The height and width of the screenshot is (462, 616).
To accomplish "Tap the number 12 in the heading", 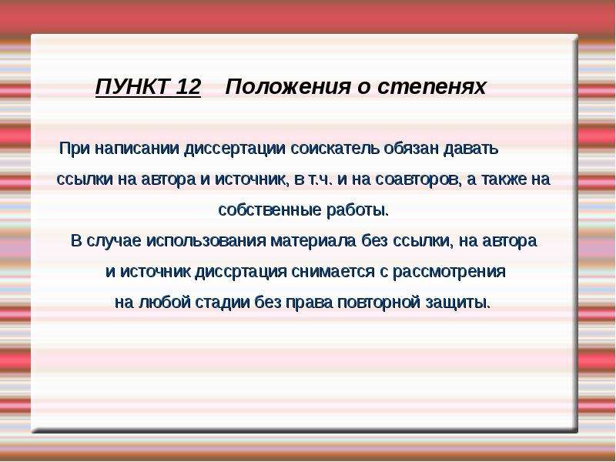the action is tap(189, 86).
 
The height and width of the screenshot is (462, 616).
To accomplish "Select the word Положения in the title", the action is tap(287, 86).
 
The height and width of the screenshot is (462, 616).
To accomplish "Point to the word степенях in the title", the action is tap(432, 87).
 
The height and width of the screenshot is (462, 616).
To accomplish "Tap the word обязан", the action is tap(411, 149).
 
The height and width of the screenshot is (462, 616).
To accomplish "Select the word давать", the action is tap(470, 149).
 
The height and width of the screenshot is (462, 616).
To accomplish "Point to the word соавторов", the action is tap(418, 179).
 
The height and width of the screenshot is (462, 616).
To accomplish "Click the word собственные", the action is tap(269, 210).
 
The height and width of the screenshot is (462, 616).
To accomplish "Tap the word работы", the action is tap(357, 210).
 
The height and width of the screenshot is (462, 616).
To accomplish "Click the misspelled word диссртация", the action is tap(241, 272).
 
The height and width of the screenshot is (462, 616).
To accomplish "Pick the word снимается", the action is tap(333, 272).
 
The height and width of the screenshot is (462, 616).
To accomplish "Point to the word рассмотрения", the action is tap(449, 272).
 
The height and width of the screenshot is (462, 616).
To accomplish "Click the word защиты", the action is tap(458, 303).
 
